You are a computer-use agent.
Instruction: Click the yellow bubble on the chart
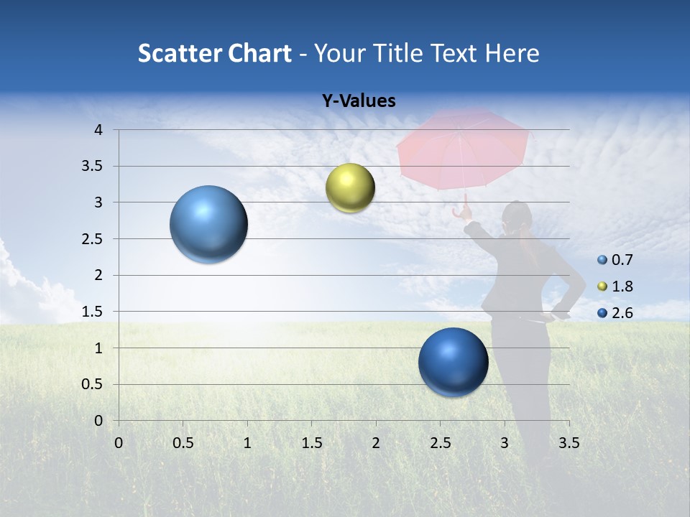click(350, 187)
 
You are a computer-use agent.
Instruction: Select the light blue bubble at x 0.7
click(208, 224)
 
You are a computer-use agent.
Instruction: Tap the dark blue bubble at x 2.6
click(453, 362)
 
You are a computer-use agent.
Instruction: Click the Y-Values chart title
click(358, 101)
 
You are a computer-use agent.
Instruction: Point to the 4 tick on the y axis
click(98, 130)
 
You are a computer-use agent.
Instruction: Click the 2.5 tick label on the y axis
click(93, 238)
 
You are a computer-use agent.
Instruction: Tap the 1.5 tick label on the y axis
click(93, 312)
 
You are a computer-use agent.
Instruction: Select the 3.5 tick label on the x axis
click(569, 443)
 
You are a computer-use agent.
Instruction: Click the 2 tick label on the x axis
click(375, 443)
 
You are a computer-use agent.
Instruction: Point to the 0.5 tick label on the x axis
click(183, 443)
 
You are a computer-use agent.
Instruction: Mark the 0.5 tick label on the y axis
click(93, 384)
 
